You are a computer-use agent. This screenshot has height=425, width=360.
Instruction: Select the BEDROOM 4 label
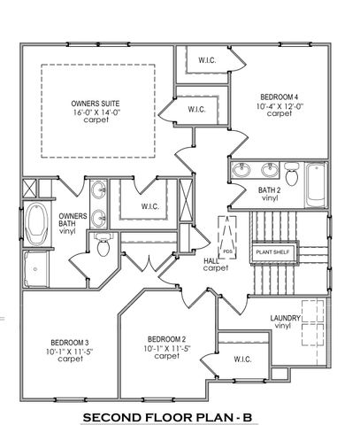279,97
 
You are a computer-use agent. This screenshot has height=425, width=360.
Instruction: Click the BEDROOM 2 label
165,339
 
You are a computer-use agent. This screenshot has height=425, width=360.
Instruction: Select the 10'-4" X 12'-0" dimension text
279,105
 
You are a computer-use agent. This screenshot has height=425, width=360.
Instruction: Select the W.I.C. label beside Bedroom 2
242,359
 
